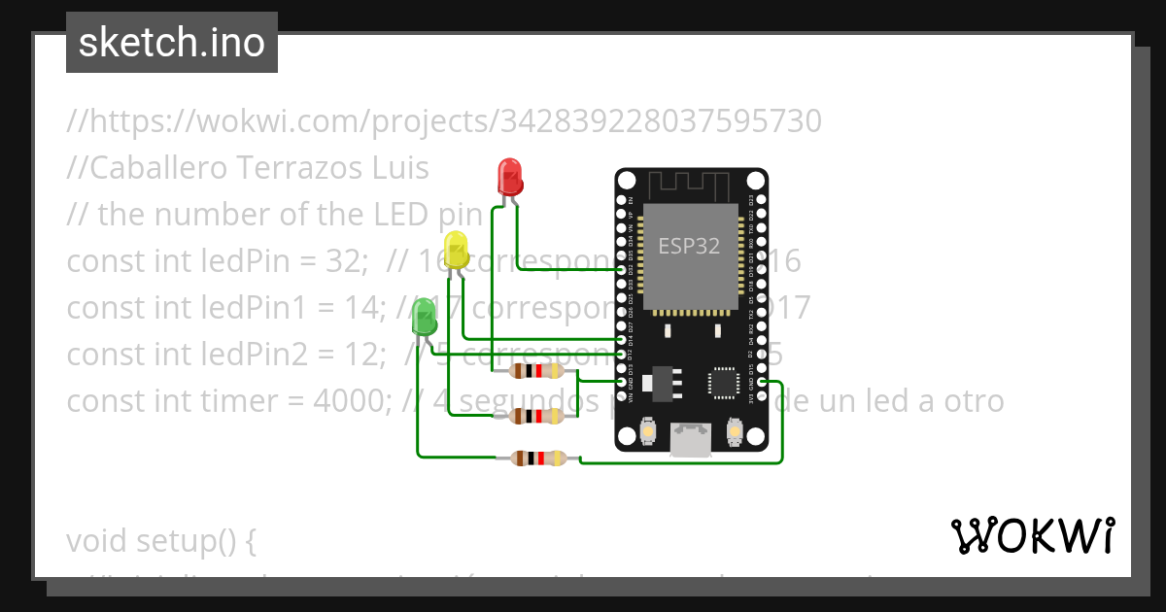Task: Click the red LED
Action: coord(510,177)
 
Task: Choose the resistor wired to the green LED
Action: coord(533,459)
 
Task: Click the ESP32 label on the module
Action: coord(689,246)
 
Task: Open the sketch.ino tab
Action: coord(172,43)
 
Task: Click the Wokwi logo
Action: coord(1032,535)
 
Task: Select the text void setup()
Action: coord(160,540)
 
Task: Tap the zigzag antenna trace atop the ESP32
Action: coord(690,184)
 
